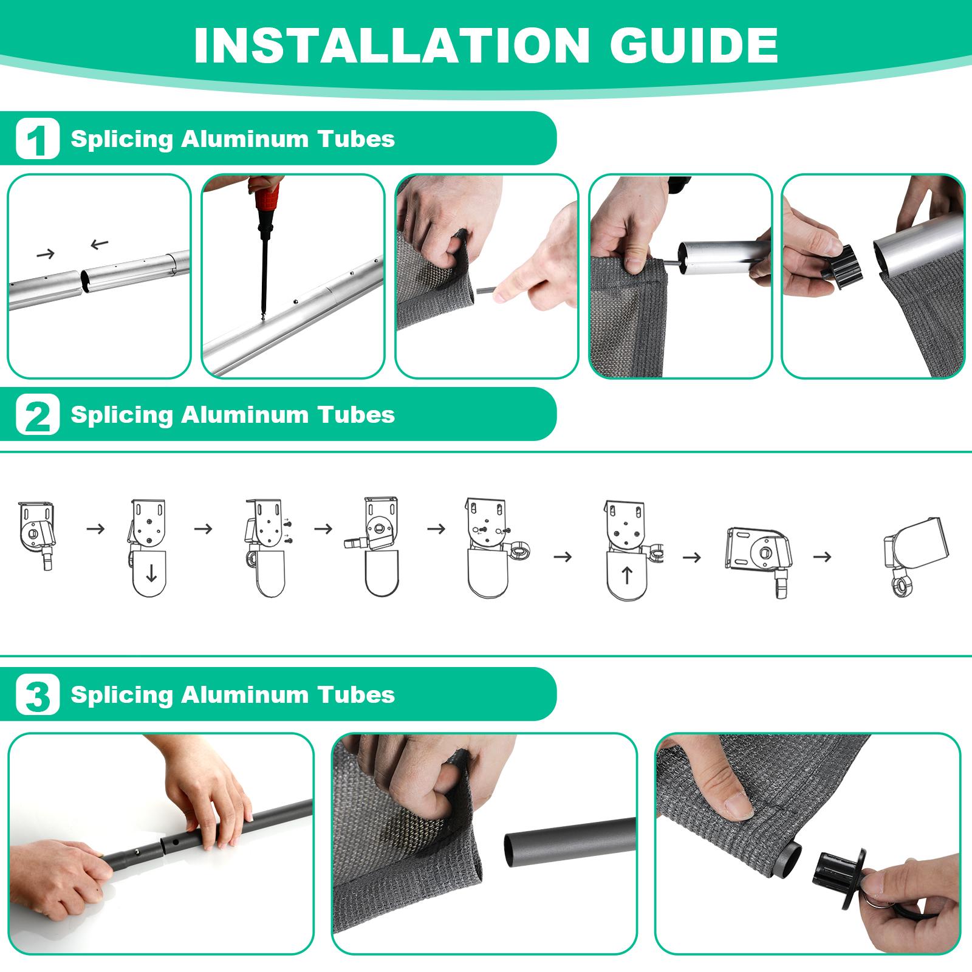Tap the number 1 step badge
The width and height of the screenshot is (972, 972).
pyautogui.click(x=38, y=139)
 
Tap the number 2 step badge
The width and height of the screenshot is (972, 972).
pyautogui.click(x=38, y=415)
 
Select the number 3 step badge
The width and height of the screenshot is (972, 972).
pyautogui.click(x=38, y=694)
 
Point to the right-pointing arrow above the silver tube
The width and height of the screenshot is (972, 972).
pyautogui.click(x=46, y=254)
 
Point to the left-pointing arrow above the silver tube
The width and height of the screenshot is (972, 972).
pyautogui.click(x=99, y=245)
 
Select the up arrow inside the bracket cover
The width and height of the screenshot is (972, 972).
pyautogui.click(x=627, y=575)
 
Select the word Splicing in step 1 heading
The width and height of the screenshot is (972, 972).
pyautogui.click(x=122, y=139)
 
